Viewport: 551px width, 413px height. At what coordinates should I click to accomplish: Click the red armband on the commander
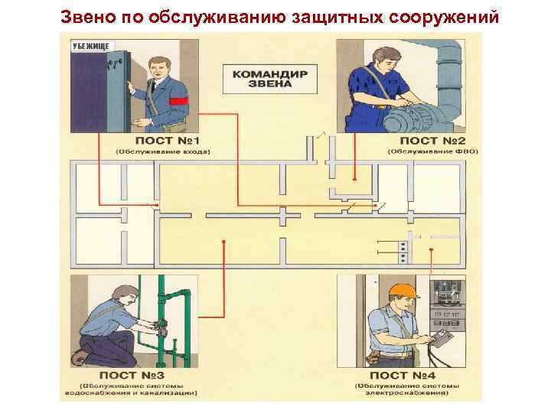pos(178,100)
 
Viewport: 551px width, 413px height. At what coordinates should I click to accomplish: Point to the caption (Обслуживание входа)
pos(162,151)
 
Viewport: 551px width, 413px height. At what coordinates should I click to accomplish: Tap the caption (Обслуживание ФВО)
pos(432,151)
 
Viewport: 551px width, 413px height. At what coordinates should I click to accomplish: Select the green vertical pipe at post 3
pos(162,321)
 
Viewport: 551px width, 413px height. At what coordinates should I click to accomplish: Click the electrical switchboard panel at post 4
pos(448,306)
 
